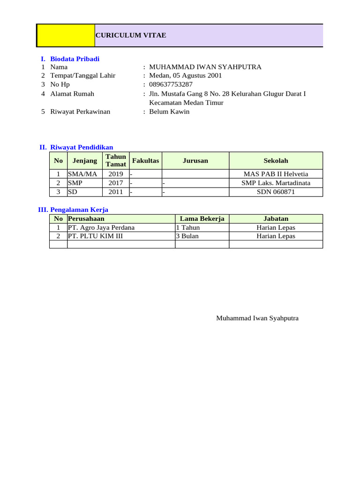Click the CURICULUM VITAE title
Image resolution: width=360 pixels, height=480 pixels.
pos(131,36)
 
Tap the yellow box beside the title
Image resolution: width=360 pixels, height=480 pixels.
pos(66,36)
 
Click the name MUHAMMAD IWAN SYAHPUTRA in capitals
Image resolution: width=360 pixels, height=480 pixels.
pos(205,67)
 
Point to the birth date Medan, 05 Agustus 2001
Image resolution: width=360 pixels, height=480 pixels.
pos(185,75)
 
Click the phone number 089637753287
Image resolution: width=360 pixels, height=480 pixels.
pos(171,84)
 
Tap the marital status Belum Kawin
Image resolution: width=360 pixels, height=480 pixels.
pos(169,112)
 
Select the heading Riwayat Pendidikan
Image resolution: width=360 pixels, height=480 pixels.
pos(82,147)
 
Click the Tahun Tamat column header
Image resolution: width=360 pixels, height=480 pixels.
pos(116,160)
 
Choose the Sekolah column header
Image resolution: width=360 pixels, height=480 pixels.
pos(276,161)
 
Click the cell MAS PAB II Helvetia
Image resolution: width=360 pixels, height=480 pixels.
pos(276,174)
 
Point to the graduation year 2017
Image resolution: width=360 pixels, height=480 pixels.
pos(116,183)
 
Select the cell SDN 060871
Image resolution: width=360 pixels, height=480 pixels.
pos(276,192)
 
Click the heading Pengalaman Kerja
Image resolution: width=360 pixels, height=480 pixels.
pos(82,210)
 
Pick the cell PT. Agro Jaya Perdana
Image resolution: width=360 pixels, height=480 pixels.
pos(101,228)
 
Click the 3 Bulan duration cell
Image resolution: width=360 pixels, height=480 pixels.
pos(187,236)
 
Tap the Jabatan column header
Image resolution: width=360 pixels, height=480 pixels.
pos(276,218)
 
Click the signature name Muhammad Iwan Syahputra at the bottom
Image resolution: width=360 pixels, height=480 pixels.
pos(257,318)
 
